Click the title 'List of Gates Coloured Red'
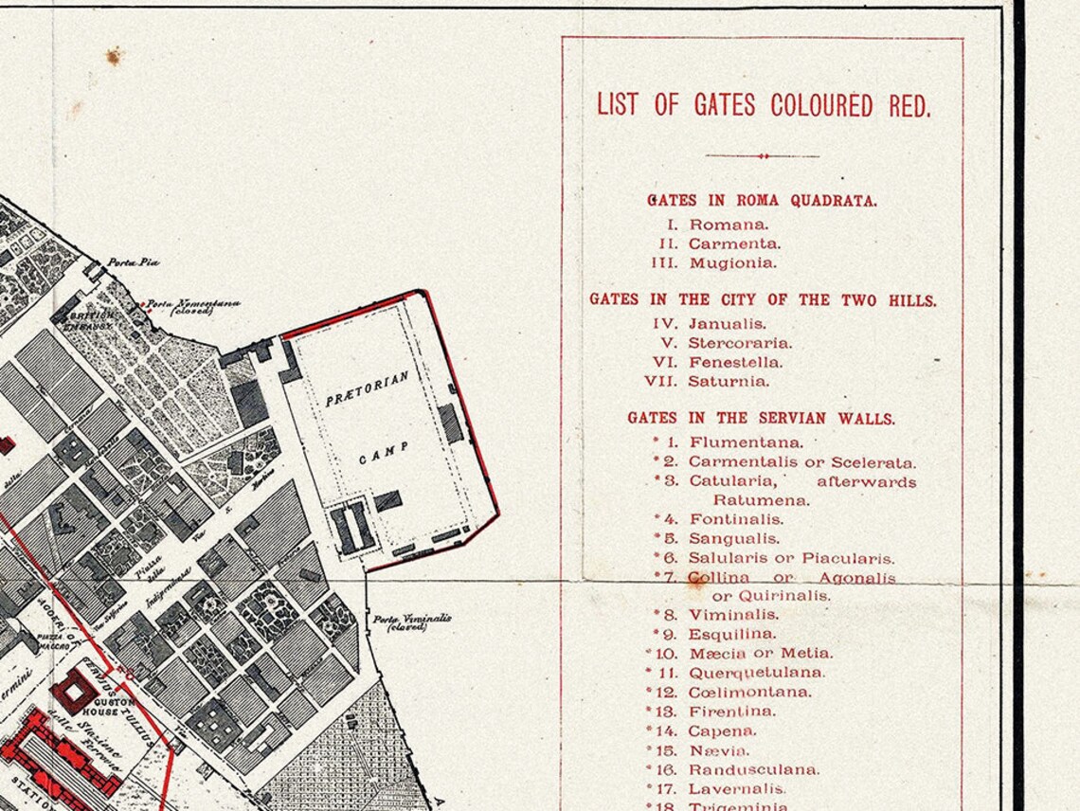(763, 104)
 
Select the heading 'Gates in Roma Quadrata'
(762, 201)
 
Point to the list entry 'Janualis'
(727, 324)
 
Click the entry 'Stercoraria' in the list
(739, 343)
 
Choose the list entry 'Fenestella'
(735, 363)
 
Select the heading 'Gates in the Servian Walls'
(761, 418)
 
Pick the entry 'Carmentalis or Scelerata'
(801, 462)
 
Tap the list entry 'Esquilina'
(731, 634)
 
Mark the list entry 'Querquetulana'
(756, 673)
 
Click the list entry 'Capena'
(722, 730)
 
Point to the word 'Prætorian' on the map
(368, 388)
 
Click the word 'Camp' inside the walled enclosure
(384, 452)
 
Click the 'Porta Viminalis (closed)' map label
(411, 622)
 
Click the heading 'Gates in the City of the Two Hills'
(763, 299)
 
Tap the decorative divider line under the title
(763, 156)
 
